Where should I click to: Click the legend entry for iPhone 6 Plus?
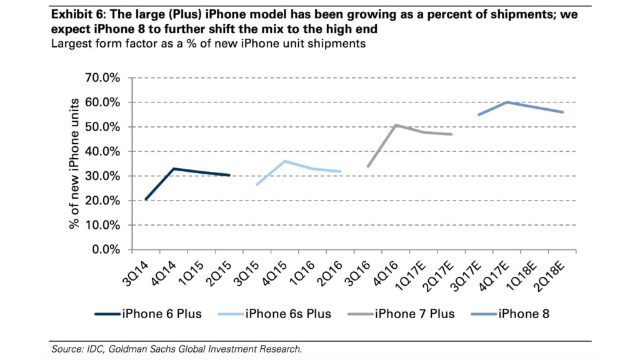point(148,313)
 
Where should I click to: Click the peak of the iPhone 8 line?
point(507,102)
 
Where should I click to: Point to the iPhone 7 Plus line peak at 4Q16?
point(396,125)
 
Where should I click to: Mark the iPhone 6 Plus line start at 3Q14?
point(146,199)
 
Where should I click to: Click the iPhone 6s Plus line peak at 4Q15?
point(284,161)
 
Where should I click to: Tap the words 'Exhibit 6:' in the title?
point(76,14)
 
